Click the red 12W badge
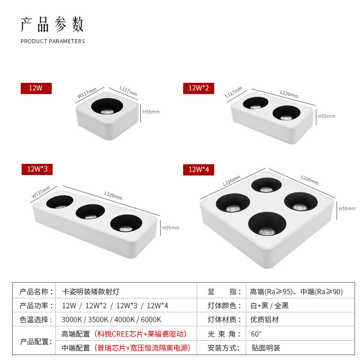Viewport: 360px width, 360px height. pos(36,88)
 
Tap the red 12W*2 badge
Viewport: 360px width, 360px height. pos(198,88)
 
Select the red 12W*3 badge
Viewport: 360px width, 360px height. pos(37,169)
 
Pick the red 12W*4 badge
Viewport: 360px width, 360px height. pos(198,170)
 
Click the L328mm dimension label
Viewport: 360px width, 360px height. pos(113,196)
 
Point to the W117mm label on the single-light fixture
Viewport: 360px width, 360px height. pos(87,93)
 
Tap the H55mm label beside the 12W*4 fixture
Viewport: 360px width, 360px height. pos(346,208)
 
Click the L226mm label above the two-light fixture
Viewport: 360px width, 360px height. pos(289,94)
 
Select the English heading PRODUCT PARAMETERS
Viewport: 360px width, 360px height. pos(53,41)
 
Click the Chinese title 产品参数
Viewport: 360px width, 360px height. pos(52,24)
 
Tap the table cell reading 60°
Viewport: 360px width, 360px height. pos(256,334)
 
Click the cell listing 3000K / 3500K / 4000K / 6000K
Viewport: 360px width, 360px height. pos(111,319)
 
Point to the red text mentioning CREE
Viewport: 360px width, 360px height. pos(140,334)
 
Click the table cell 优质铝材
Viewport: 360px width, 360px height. pos(265,319)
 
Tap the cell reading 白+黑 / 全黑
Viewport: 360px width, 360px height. pos(270,306)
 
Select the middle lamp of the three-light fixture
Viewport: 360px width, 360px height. pos(90,211)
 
